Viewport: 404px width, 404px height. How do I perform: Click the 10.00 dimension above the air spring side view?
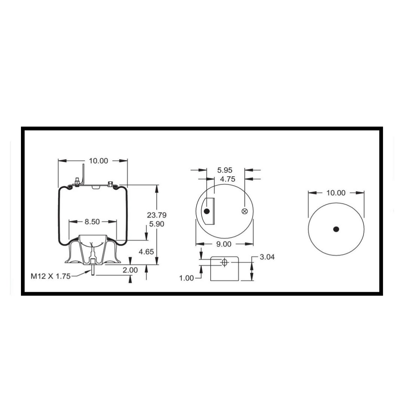(98, 161)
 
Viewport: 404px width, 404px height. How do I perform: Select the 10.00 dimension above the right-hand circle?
(336, 193)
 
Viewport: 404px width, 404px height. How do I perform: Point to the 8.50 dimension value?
(92, 222)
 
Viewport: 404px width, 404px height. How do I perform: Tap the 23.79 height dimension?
(157, 215)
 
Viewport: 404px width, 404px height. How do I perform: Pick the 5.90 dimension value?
(157, 224)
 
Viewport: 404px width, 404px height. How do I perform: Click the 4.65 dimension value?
(146, 252)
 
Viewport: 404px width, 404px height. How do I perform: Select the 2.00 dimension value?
(130, 270)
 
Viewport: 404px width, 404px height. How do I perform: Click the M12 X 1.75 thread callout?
(50, 276)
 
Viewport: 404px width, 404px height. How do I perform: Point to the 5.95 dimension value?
(225, 170)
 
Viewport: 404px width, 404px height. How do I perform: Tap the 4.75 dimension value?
(227, 179)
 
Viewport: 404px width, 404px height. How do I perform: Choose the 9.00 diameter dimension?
(224, 244)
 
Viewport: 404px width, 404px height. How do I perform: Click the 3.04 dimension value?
(267, 257)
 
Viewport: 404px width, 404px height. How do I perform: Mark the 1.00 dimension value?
(187, 278)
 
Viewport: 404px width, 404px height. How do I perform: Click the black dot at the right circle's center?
(336, 229)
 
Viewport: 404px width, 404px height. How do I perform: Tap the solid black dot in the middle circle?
(206, 211)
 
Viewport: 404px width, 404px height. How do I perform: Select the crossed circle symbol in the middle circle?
(245, 211)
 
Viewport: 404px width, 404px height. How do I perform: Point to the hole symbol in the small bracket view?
(224, 262)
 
